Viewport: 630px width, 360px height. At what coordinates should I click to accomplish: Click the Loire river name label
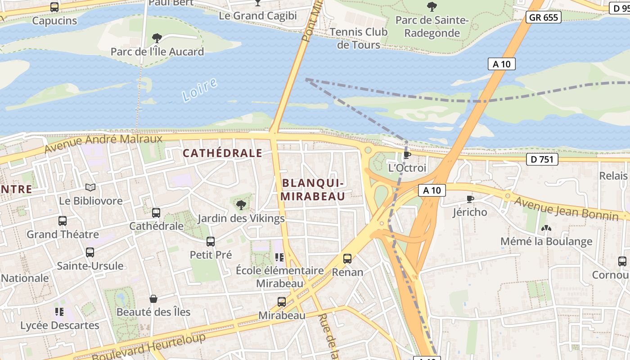click(x=199, y=90)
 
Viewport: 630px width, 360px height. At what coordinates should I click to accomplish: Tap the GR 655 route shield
click(x=544, y=18)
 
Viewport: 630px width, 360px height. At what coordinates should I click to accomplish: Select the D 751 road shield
click(x=542, y=159)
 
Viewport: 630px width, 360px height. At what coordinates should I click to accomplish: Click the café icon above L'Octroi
click(x=407, y=155)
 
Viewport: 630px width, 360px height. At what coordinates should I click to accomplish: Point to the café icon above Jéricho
click(x=470, y=199)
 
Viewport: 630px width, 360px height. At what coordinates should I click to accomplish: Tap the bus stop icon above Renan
click(x=347, y=259)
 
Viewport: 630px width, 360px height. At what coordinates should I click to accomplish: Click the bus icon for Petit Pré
click(x=210, y=242)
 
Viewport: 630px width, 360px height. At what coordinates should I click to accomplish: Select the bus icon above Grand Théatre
click(x=63, y=221)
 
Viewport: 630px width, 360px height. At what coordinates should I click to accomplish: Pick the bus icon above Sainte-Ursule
click(x=90, y=252)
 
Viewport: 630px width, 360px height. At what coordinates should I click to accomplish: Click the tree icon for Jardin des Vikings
click(x=241, y=205)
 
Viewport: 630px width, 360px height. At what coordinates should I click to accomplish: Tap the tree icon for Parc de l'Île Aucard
click(x=157, y=38)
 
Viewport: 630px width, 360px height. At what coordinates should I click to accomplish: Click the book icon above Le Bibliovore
click(x=90, y=187)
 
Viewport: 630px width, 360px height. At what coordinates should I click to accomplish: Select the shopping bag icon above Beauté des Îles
click(x=153, y=299)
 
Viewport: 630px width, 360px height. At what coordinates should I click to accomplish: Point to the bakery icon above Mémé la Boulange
click(x=546, y=229)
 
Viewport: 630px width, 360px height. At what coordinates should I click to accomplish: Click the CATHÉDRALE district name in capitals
click(x=222, y=153)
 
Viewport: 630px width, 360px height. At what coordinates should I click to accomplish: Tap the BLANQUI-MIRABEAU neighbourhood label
click(x=313, y=189)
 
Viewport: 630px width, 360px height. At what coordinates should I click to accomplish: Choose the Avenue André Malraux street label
click(x=103, y=144)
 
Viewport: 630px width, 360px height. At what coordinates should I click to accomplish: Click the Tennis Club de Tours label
click(x=358, y=38)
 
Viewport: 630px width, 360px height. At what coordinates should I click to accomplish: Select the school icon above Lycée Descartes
click(x=59, y=311)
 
